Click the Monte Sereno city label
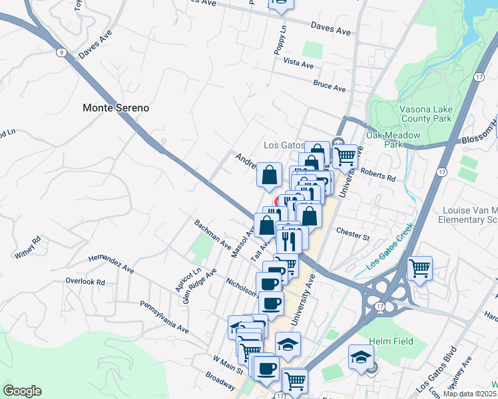pos(116,107)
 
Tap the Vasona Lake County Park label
pos(425,114)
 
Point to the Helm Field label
pos(391,342)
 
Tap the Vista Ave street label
pos(298,64)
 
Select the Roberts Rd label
pos(378,174)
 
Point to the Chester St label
pos(353,235)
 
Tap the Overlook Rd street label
pos(85,281)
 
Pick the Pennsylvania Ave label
pos(164,317)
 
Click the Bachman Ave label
pos(212,234)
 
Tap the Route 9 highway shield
pos(61,52)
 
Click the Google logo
pos(22,391)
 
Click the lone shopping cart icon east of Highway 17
pos(419,269)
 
